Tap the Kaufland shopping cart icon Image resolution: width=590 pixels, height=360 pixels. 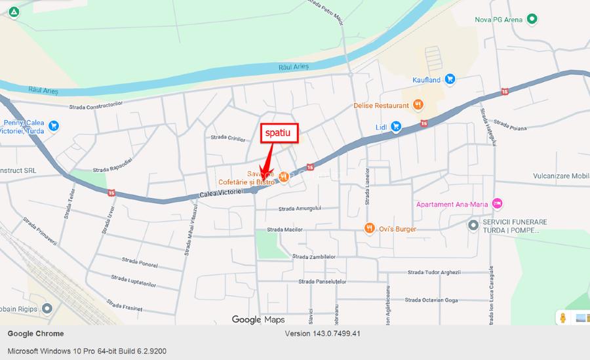450,79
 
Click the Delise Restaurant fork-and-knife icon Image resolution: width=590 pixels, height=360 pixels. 418,104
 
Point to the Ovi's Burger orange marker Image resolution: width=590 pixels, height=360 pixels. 370,228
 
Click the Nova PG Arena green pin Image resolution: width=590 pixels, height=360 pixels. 532,19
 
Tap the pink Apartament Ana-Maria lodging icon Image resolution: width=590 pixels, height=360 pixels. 497,204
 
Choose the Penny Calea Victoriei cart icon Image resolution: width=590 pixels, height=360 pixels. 54,125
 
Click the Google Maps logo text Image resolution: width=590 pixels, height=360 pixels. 258,319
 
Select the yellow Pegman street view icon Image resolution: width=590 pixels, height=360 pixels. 562,318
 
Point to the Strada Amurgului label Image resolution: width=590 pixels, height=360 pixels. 300,209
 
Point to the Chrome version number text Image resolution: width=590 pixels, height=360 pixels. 323,334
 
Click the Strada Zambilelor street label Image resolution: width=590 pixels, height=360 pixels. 314,256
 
